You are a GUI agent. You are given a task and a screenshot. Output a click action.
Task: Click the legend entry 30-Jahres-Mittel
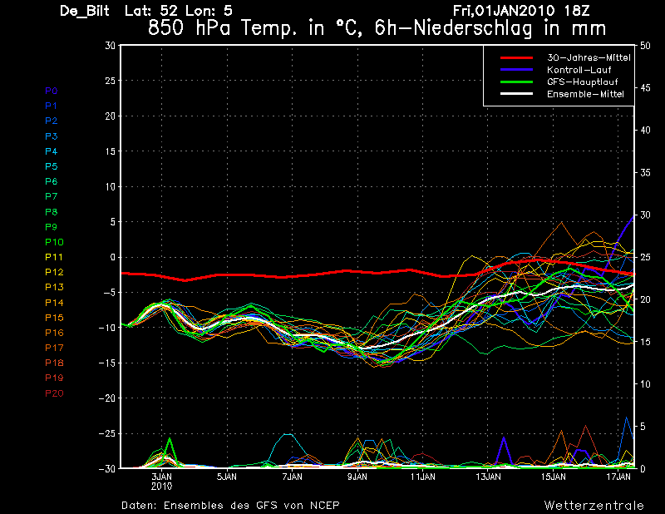coord(588,58)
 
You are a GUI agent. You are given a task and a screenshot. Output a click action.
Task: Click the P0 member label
coord(51,91)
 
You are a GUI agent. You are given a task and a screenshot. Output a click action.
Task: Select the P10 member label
coord(53,242)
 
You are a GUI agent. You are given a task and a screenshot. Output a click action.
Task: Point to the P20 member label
coord(53,393)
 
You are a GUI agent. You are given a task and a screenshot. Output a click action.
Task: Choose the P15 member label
coord(53,318)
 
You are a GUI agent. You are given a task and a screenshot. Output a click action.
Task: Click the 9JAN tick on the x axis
coord(357,477)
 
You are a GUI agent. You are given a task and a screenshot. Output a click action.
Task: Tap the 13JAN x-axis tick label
coord(489,477)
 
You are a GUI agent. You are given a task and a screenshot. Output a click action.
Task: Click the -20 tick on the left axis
coord(106,398)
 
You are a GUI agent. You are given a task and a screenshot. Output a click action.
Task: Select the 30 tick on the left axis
coord(110,46)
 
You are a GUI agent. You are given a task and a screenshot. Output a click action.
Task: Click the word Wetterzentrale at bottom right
coord(594,505)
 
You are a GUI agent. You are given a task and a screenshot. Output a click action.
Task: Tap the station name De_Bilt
coord(86,11)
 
